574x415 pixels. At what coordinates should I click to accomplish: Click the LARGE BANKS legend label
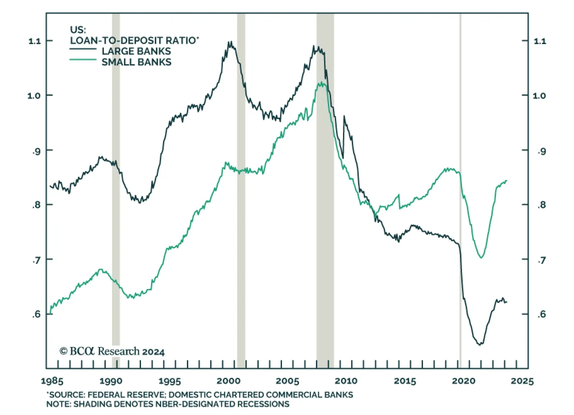(136, 51)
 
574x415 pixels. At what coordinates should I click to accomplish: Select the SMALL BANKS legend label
(136, 62)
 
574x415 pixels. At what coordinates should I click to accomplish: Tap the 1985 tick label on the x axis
(52, 381)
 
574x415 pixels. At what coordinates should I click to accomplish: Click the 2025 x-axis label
(522, 381)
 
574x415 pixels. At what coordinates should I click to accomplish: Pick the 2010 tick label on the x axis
(346, 381)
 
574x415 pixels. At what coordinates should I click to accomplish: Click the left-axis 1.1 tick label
(34, 41)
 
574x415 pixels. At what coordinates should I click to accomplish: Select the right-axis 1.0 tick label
(540, 95)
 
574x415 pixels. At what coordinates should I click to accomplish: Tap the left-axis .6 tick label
(36, 314)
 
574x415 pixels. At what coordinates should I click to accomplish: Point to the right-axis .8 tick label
(541, 205)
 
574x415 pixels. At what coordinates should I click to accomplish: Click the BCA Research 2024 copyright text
(112, 351)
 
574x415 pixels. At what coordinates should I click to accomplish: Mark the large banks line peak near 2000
(230, 42)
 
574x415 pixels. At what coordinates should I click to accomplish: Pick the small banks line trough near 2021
(481, 257)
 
